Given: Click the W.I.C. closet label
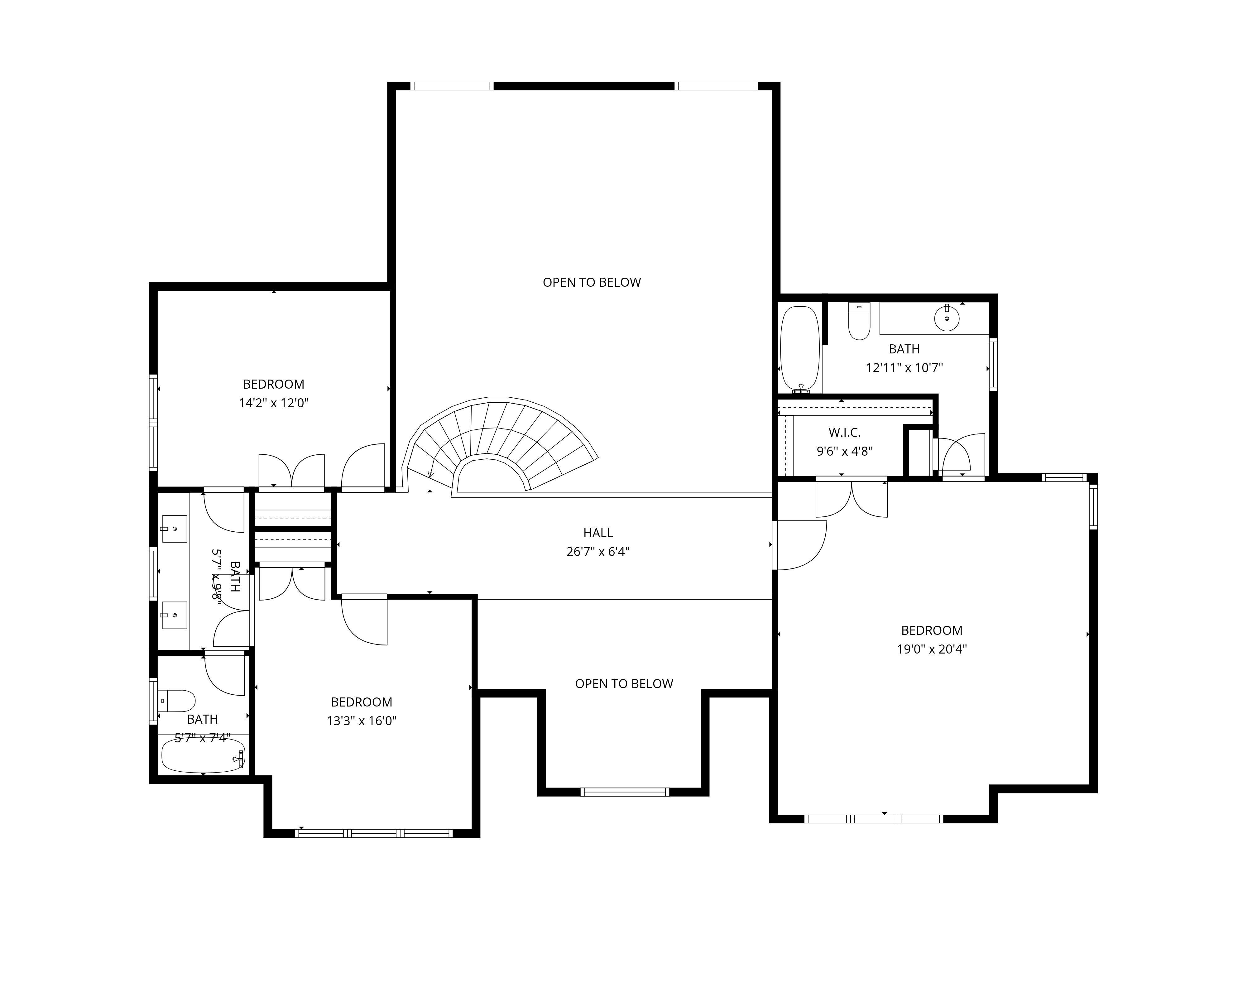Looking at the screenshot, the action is click(x=844, y=432).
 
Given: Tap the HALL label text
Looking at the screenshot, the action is click(x=598, y=533).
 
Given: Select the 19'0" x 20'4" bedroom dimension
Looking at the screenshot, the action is click(x=932, y=649).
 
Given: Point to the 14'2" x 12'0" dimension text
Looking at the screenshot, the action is click(x=274, y=403).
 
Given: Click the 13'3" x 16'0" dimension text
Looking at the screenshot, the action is click(x=362, y=721).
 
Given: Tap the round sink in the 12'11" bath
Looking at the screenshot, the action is click(x=947, y=318).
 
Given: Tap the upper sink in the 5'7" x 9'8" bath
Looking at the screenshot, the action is click(x=175, y=529).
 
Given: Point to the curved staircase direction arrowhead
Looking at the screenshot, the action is click(x=430, y=475).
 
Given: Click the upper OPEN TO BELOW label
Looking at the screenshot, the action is click(x=592, y=282).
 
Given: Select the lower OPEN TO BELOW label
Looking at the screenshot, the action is click(x=624, y=684).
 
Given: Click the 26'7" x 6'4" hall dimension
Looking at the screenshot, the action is click(x=598, y=552).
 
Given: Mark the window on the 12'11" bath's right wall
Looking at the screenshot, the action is click(x=993, y=365).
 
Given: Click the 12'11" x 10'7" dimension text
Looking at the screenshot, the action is click(x=905, y=367).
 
